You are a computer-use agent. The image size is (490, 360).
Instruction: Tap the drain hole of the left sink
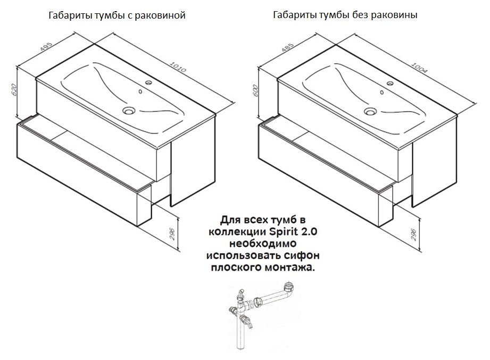128,111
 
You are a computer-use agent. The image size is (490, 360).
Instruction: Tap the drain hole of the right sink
371,111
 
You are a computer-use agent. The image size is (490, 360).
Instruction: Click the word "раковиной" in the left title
160,16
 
